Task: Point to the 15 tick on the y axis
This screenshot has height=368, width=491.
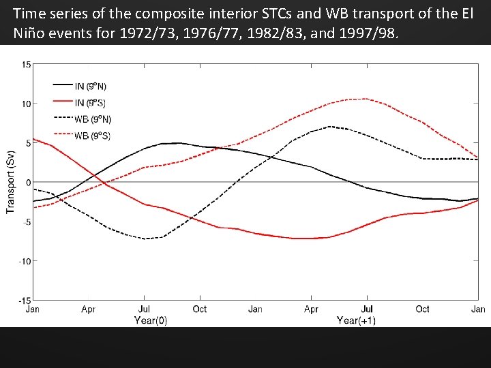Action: (26, 65)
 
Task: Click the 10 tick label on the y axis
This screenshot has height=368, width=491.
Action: (26, 104)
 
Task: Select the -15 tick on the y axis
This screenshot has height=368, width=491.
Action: (25, 300)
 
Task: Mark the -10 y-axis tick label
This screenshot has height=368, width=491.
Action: (25, 261)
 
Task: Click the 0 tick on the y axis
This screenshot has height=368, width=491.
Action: (28, 182)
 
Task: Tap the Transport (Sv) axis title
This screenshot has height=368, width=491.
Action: (10, 182)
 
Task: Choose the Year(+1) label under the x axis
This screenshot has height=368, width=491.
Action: (356, 320)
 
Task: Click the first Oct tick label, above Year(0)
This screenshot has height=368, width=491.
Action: (200, 309)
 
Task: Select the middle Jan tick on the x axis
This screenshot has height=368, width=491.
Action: (255, 309)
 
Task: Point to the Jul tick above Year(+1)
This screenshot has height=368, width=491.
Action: (367, 309)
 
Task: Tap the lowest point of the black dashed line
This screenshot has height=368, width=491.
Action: (147, 239)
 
